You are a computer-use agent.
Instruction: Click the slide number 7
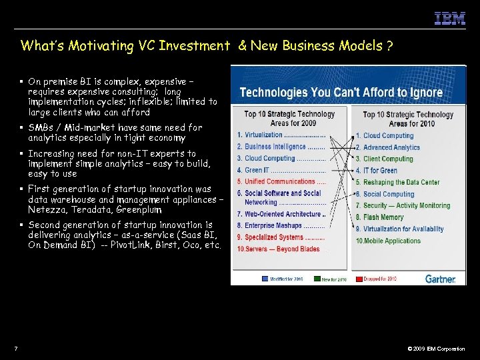click(15, 349)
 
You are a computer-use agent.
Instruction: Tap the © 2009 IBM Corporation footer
click(436, 349)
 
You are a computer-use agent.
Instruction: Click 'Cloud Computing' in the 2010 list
click(388, 135)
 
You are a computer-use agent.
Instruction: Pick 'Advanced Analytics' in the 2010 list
click(391, 147)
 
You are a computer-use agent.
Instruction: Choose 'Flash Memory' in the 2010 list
click(383, 217)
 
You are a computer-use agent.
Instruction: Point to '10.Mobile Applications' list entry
click(388, 241)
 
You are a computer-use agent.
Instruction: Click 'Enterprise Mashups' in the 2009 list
click(273, 226)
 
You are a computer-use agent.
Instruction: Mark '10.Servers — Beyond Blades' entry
click(278, 249)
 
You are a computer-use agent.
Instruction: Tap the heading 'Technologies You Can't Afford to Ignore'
click(341, 92)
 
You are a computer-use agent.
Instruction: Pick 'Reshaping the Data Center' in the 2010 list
click(401, 182)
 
